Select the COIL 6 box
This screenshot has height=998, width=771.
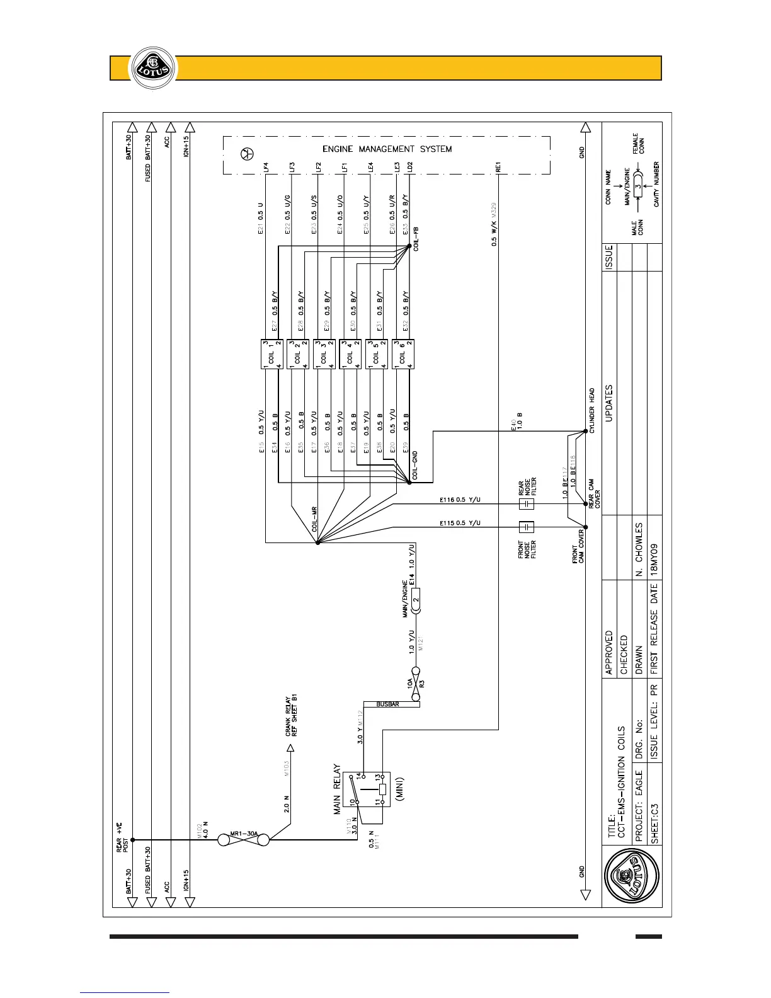coord(403,354)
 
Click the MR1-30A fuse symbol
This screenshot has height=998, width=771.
coord(243,840)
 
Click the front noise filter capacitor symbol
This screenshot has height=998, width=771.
coord(526,527)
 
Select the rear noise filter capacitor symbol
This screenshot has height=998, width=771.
coord(526,504)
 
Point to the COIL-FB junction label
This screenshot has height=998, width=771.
coord(416,238)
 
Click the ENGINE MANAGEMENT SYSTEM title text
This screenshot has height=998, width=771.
coord(387,149)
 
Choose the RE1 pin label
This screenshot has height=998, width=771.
coord(498,168)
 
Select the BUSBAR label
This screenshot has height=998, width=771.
coord(387,704)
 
